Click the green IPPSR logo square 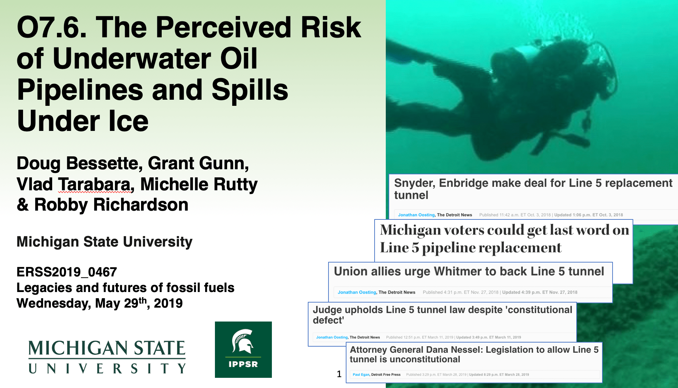pos(243,349)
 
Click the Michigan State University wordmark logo pos(107,357)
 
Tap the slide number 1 pos(339,374)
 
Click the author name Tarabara pos(94,185)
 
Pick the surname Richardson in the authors pos(141,205)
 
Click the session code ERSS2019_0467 pos(67,272)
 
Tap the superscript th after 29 pos(143,300)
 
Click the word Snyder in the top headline pos(414,183)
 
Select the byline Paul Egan pos(361,374)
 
